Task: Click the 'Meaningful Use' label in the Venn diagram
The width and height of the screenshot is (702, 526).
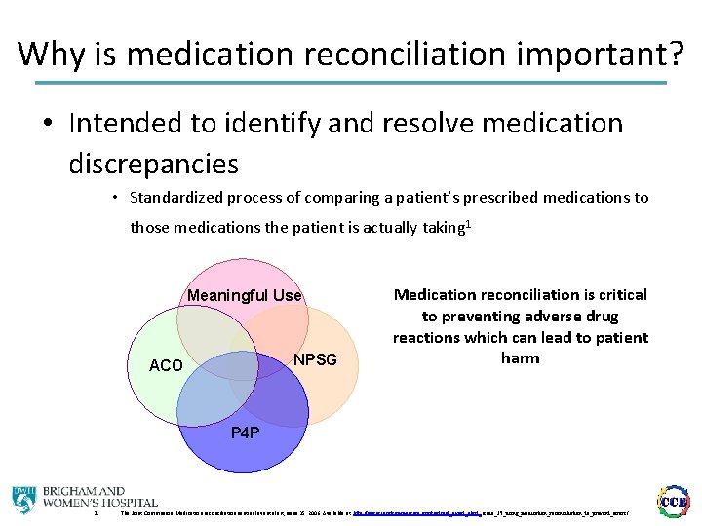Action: (x=245, y=295)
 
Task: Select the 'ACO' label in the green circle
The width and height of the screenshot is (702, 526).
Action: (x=165, y=365)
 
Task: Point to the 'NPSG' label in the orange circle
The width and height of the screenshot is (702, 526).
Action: (x=315, y=359)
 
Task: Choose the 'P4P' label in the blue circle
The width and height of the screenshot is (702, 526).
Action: (x=245, y=432)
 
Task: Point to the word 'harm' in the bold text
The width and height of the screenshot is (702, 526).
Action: (x=521, y=358)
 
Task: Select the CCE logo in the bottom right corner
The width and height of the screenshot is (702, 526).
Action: (x=675, y=500)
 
